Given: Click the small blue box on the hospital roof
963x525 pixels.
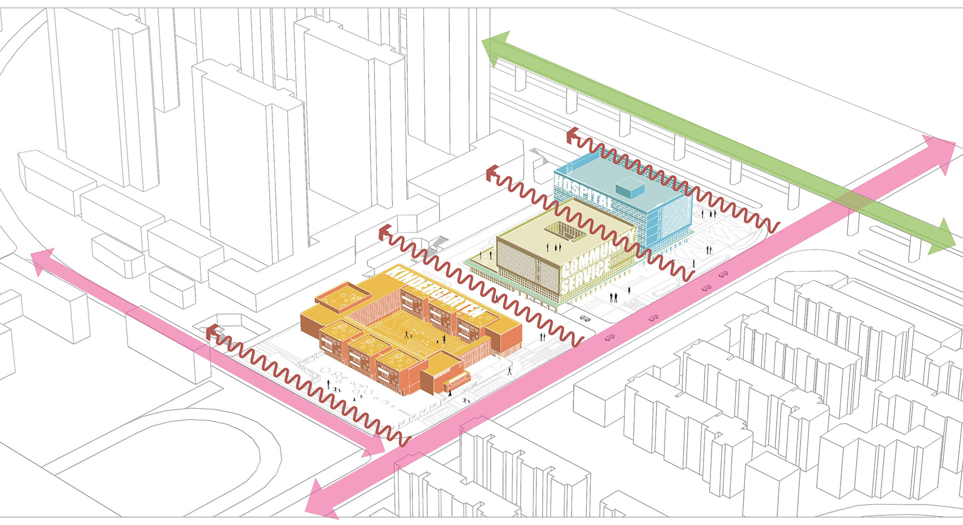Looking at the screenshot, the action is (630, 188).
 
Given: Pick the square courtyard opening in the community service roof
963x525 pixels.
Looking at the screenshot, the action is (565, 232).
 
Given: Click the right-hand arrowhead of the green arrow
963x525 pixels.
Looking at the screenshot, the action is (944, 239).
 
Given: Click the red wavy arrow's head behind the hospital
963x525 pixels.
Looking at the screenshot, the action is (572, 136).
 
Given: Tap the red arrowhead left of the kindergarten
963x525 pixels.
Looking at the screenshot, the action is (211, 333).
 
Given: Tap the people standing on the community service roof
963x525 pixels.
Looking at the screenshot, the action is (553, 247).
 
